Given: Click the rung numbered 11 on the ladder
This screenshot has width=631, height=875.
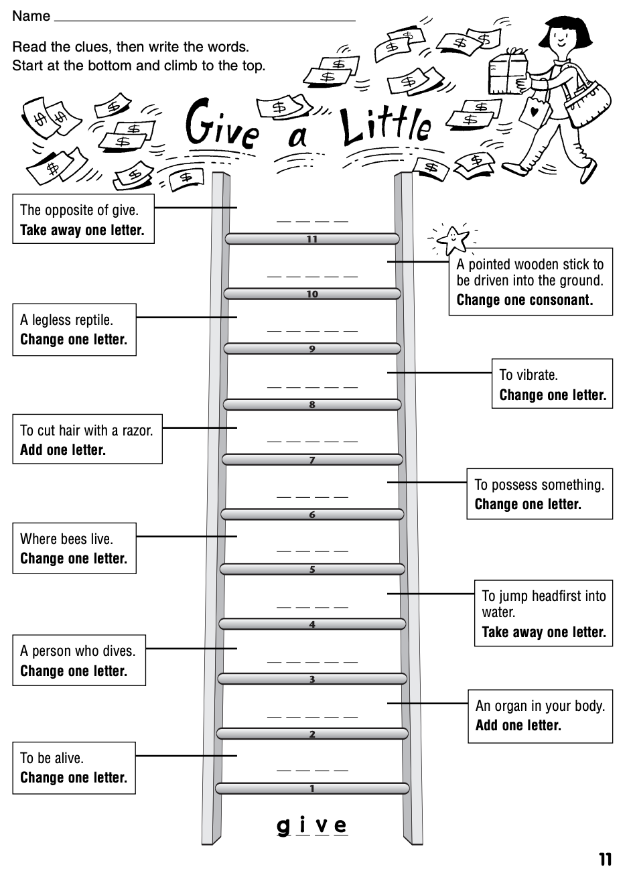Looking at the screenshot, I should [312, 239].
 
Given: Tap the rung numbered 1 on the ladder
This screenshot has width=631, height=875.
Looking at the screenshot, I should [312, 789].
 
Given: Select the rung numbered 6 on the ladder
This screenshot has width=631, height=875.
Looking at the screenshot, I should [312, 515].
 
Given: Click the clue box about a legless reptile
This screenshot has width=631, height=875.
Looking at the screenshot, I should [74, 329].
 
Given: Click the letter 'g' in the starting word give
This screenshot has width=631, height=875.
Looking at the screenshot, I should [284, 825].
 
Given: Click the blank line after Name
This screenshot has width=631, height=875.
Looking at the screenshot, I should [204, 17].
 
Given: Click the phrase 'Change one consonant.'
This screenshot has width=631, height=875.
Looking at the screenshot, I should [524, 299].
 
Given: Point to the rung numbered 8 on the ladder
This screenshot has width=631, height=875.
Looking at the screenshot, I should [312, 404].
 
